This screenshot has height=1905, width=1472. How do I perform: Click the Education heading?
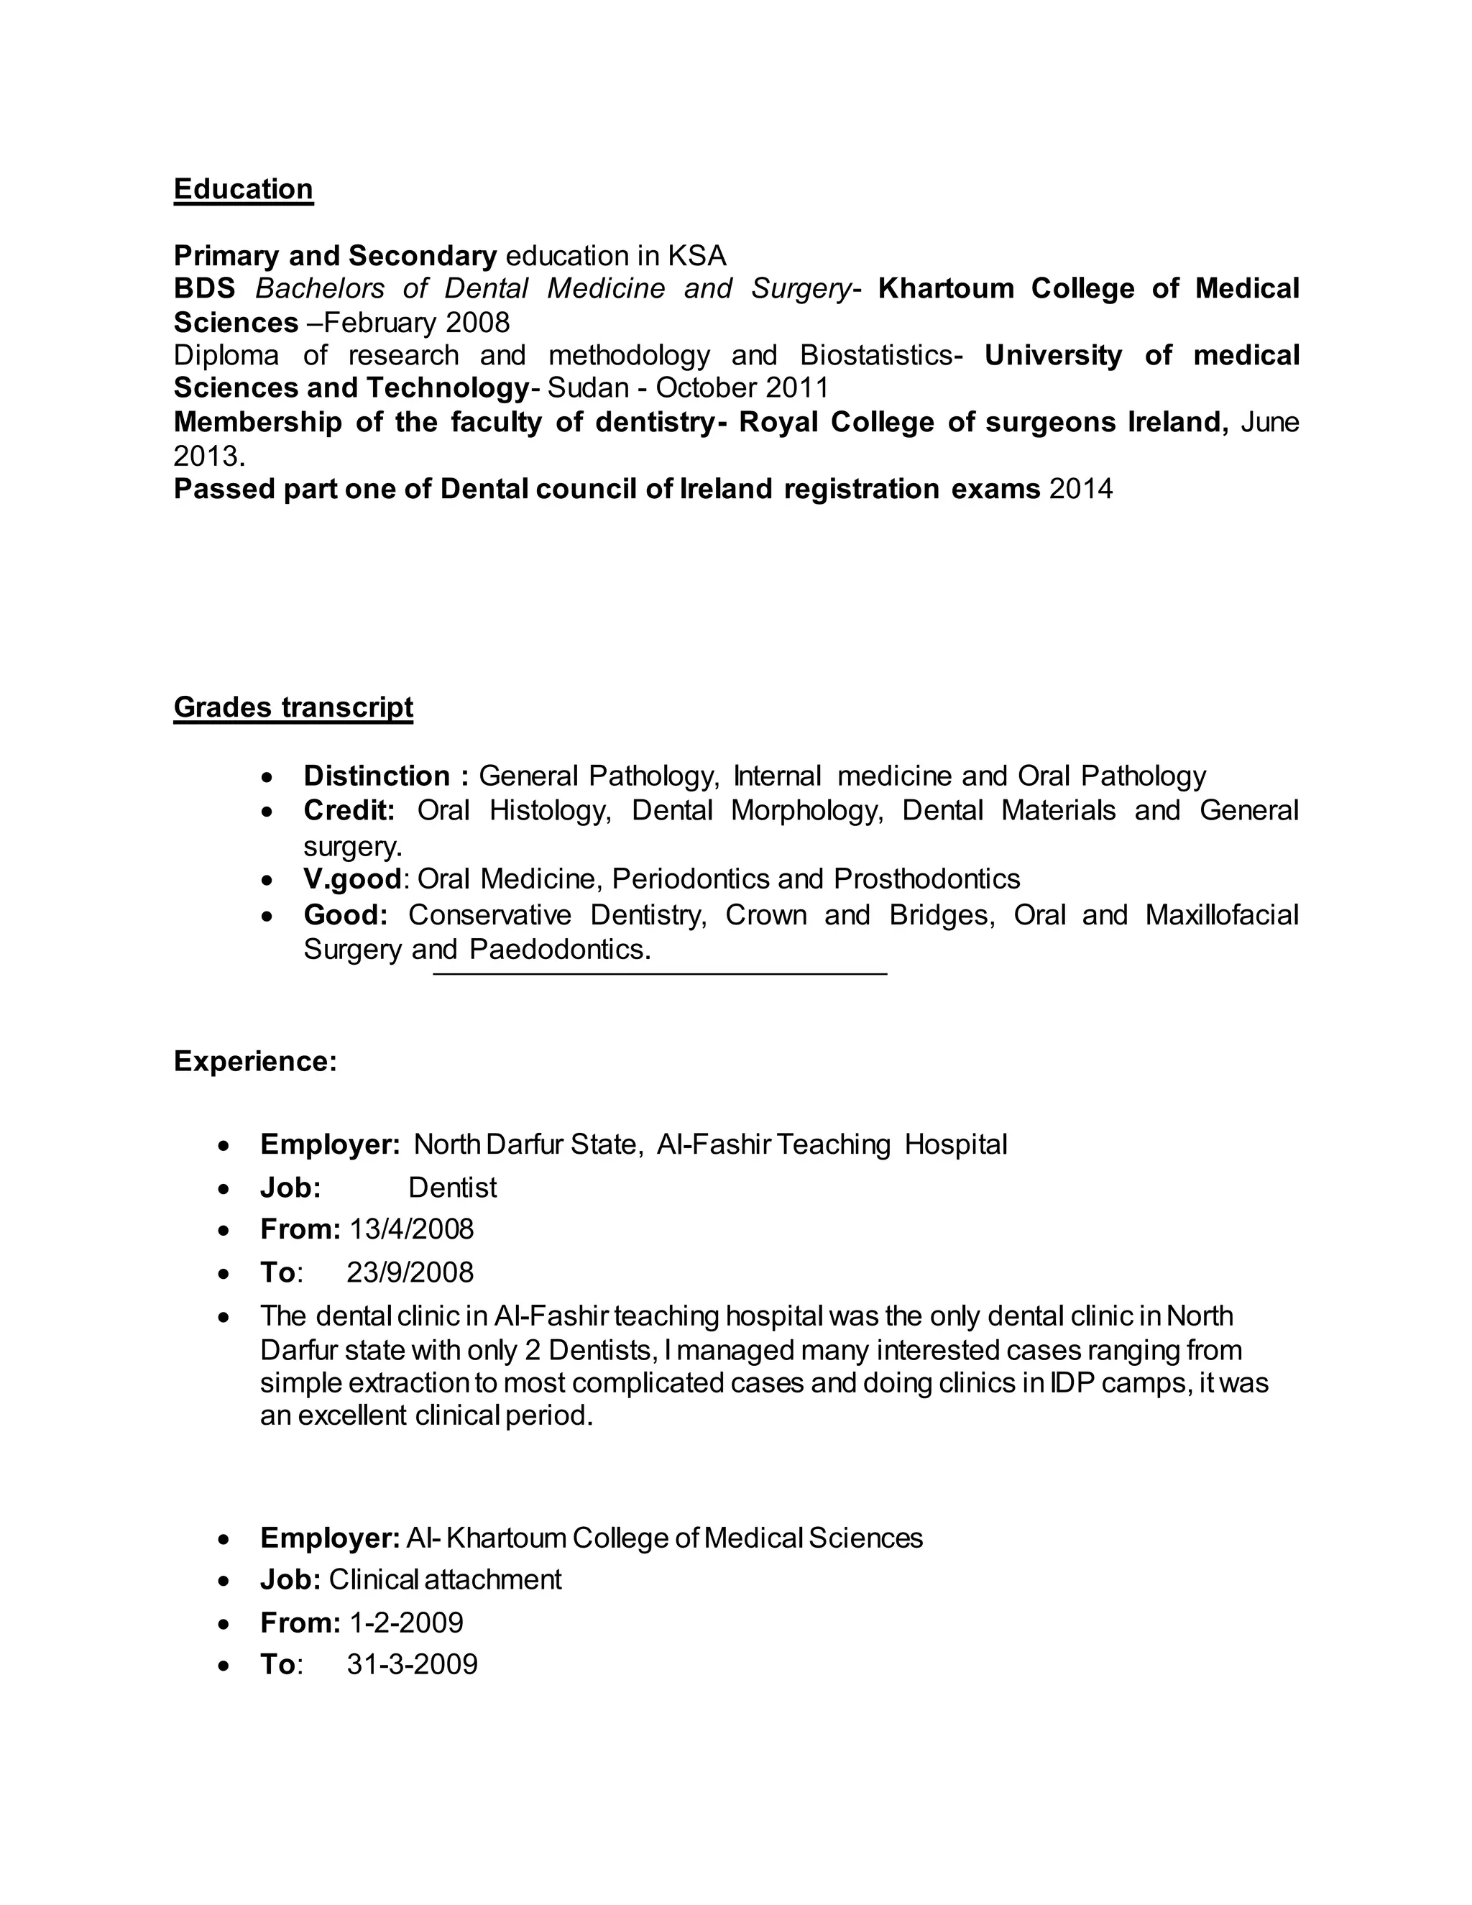[244, 189]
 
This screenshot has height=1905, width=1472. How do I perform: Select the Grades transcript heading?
[293, 707]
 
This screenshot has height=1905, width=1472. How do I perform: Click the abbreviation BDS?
[204, 289]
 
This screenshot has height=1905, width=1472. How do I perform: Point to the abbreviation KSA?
[696, 256]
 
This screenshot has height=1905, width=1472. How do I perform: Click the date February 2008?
[416, 323]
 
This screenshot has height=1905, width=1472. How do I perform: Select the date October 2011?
[742, 387]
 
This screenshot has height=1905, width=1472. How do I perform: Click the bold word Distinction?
[377, 776]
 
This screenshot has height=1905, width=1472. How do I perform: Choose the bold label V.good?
[353, 878]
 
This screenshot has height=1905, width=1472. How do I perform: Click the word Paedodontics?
[560, 949]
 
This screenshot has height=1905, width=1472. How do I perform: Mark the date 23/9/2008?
[410, 1272]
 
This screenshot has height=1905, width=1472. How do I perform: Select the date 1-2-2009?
[406, 1622]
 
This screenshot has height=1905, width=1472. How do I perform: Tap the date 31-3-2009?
[413, 1664]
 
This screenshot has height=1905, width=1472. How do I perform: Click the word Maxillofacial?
[1222, 915]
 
